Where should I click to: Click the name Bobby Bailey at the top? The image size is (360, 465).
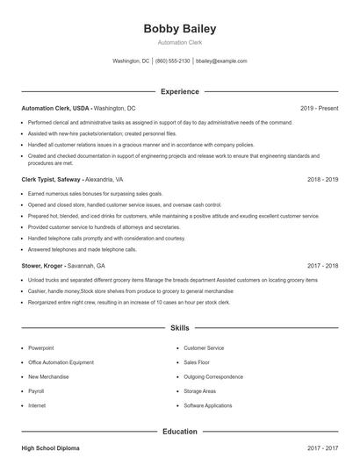click(x=179, y=29)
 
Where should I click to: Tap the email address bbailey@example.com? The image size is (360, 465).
click(x=221, y=61)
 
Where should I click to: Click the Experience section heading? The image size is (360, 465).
click(x=179, y=91)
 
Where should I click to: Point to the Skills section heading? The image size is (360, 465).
click(x=179, y=328)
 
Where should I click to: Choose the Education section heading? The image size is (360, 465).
click(x=179, y=432)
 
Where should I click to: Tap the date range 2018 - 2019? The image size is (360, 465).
click(x=322, y=178)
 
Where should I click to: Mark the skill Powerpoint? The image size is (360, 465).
click(x=40, y=348)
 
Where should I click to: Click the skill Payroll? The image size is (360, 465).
click(x=36, y=391)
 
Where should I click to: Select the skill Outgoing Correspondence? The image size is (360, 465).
click(x=213, y=376)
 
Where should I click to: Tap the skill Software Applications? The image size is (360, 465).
click(x=208, y=405)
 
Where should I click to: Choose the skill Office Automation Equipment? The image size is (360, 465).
click(x=61, y=362)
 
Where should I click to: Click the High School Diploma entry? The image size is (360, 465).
click(x=50, y=448)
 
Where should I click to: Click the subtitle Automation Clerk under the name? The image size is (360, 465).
click(x=179, y=42)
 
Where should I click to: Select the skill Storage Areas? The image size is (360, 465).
click(x=200, y=391)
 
